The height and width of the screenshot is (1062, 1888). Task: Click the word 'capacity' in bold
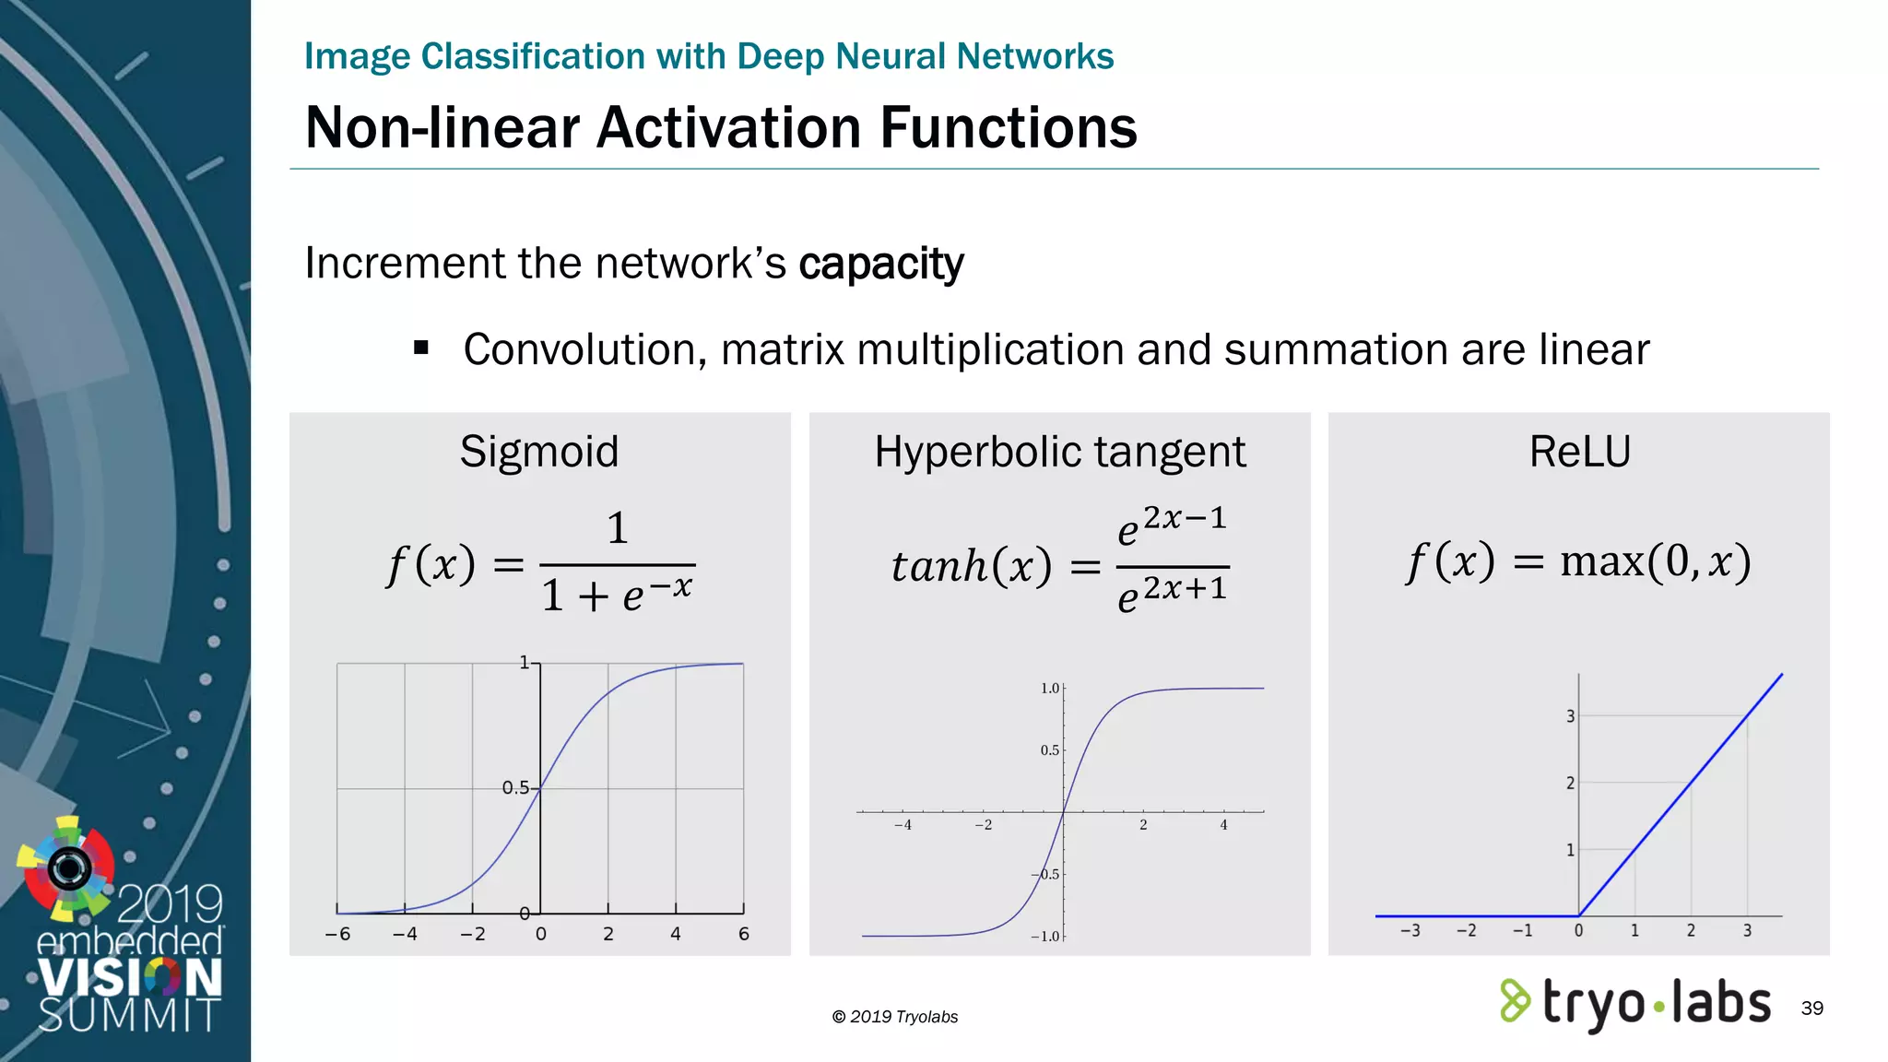point(880,265)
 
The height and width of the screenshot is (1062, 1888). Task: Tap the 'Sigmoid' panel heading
point(539,452)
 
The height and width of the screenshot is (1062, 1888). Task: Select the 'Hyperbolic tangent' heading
point(1059,452)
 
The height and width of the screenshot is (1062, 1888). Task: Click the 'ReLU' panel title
point(1579,452)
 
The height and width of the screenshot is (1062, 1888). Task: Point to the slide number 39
point(1811,1008)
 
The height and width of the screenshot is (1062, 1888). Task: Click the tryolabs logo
point(1635,1003)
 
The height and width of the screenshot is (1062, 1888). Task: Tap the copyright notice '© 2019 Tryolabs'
point(894,1017)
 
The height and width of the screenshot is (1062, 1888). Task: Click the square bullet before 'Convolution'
point(421,348)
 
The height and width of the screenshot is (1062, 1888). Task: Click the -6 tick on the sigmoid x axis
point(337,934)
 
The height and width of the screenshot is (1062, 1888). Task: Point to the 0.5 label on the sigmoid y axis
point(515,788)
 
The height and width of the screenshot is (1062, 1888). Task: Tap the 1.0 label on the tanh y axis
point(1050,689)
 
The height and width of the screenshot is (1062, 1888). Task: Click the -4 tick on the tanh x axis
point(903,825)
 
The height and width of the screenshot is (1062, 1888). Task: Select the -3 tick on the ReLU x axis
point(1410,931)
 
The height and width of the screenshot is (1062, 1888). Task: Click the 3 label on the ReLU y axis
point(1570,716)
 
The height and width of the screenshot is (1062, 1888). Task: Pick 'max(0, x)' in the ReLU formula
point(1655,561)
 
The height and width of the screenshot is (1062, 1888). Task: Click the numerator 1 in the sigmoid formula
point(618,528)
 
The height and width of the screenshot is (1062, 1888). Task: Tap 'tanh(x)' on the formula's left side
point(971,566)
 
